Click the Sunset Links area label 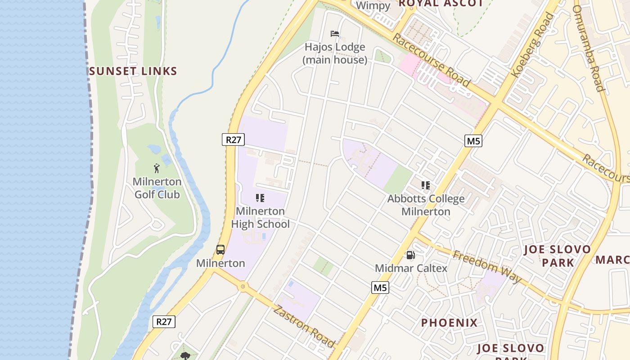(133, 71)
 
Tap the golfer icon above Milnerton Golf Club (157, 168)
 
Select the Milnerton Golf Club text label (157, 188)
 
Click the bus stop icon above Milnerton (220, 250)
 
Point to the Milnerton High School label (261, 217)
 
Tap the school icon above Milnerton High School (260, 198)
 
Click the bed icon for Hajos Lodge (334, 34)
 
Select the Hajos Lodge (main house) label (335, 53)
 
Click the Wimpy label (373, 6)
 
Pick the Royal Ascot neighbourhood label (441, 3)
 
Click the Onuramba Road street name (589, 48)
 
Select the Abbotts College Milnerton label (426, 205)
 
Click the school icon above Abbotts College (425, 185)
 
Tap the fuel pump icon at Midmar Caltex (410, 255)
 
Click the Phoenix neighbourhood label (449, 323)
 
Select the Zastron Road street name (305, 326)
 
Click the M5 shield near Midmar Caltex (380, 288)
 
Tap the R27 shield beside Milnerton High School (234, 139)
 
